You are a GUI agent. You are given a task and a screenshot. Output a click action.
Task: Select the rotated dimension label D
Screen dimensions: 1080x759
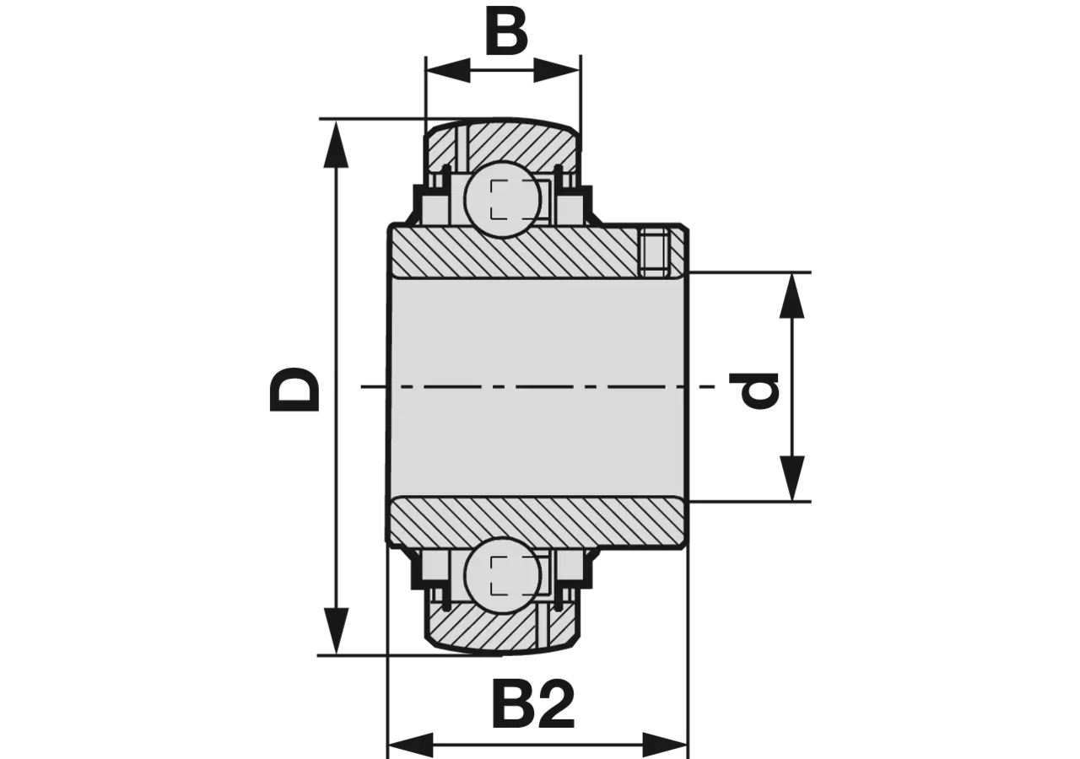pos(294,389)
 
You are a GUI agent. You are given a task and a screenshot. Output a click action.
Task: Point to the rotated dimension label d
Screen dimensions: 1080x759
pos(760,390)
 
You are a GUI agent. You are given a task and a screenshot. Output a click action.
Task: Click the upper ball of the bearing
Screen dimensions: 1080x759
pos(504,200)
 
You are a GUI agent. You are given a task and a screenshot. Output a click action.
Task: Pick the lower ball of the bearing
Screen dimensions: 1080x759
pos(504,576)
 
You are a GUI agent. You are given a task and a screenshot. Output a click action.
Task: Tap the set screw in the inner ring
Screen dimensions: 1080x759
pos(656,253)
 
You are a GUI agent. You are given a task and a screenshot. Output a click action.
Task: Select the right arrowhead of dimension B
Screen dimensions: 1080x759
pos(556,71)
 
